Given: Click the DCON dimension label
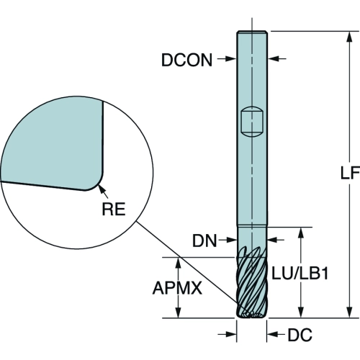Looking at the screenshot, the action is coord(186,60).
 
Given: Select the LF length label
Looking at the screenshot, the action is coord(350,173).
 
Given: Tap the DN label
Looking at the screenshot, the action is coord(204,240).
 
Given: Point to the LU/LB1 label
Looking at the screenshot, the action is coord(300,274).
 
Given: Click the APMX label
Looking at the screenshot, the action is coord(177,288).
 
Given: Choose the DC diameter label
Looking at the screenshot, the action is coord(300,335).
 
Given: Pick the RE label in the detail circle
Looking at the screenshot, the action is coord(114,209).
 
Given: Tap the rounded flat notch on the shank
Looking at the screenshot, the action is coord(252,122).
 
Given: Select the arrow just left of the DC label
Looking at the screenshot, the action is coord(276,334).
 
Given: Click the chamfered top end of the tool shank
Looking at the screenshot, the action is coord(252,32).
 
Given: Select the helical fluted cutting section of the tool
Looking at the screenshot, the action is coord(252,283).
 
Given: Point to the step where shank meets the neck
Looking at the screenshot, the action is coord(252,225).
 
